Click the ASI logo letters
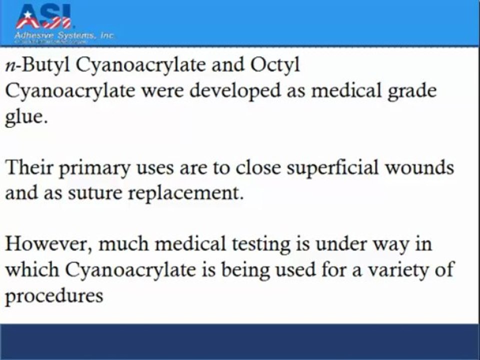(43, 16)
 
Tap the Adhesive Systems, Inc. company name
(64, 35)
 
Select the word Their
(29, 167)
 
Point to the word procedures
(54, 296)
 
